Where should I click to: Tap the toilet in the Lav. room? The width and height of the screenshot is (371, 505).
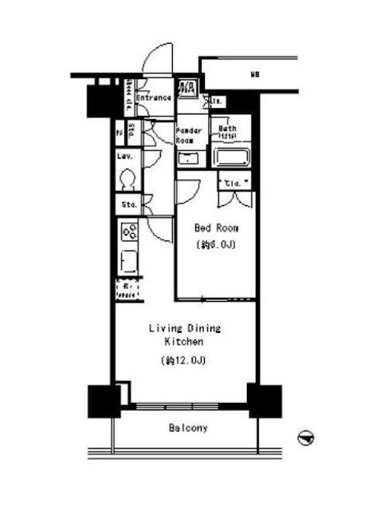click(x=128, y=180)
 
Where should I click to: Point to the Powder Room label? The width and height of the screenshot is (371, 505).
click(x=189, y=135)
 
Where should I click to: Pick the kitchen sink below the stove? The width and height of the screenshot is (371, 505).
click(x=127, y=260)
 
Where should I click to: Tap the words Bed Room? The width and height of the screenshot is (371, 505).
click(x=216, y=228)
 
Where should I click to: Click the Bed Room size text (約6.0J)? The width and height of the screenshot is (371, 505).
click(x=216, y=245)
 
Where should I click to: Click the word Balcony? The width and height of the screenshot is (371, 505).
click(x=187, y=428)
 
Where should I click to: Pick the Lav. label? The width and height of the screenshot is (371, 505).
click(x=125, y=157)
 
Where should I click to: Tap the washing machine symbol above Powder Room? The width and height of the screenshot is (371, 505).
click(x=188, y=89)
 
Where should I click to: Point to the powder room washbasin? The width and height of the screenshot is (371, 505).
click(x=187, y=159)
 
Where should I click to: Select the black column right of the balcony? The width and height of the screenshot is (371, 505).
click(x=264, y=400)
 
